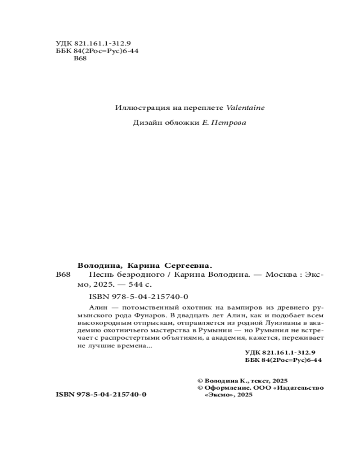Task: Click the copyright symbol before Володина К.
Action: click(x=200, y=380)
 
